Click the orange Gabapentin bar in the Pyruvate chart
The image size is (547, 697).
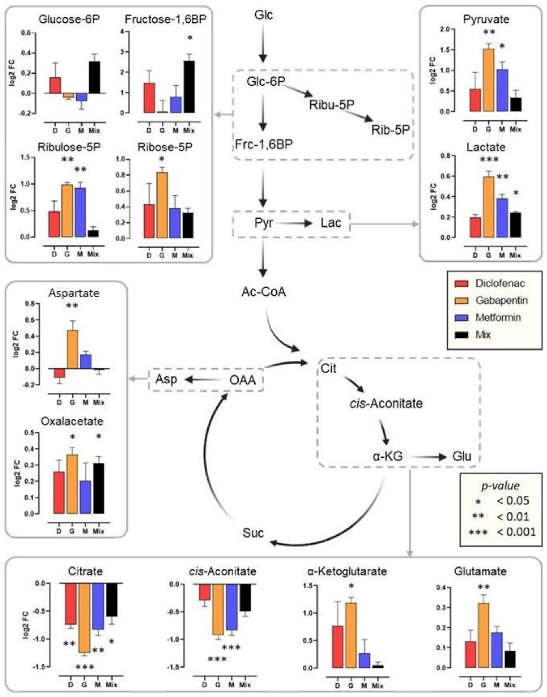488,80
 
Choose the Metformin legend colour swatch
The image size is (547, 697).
462,318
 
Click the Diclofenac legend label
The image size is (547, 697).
500,283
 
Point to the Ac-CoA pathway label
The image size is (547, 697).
264,292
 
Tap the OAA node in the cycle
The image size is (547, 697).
242,380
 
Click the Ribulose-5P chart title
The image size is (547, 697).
69,147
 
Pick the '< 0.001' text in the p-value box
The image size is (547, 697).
516,532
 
